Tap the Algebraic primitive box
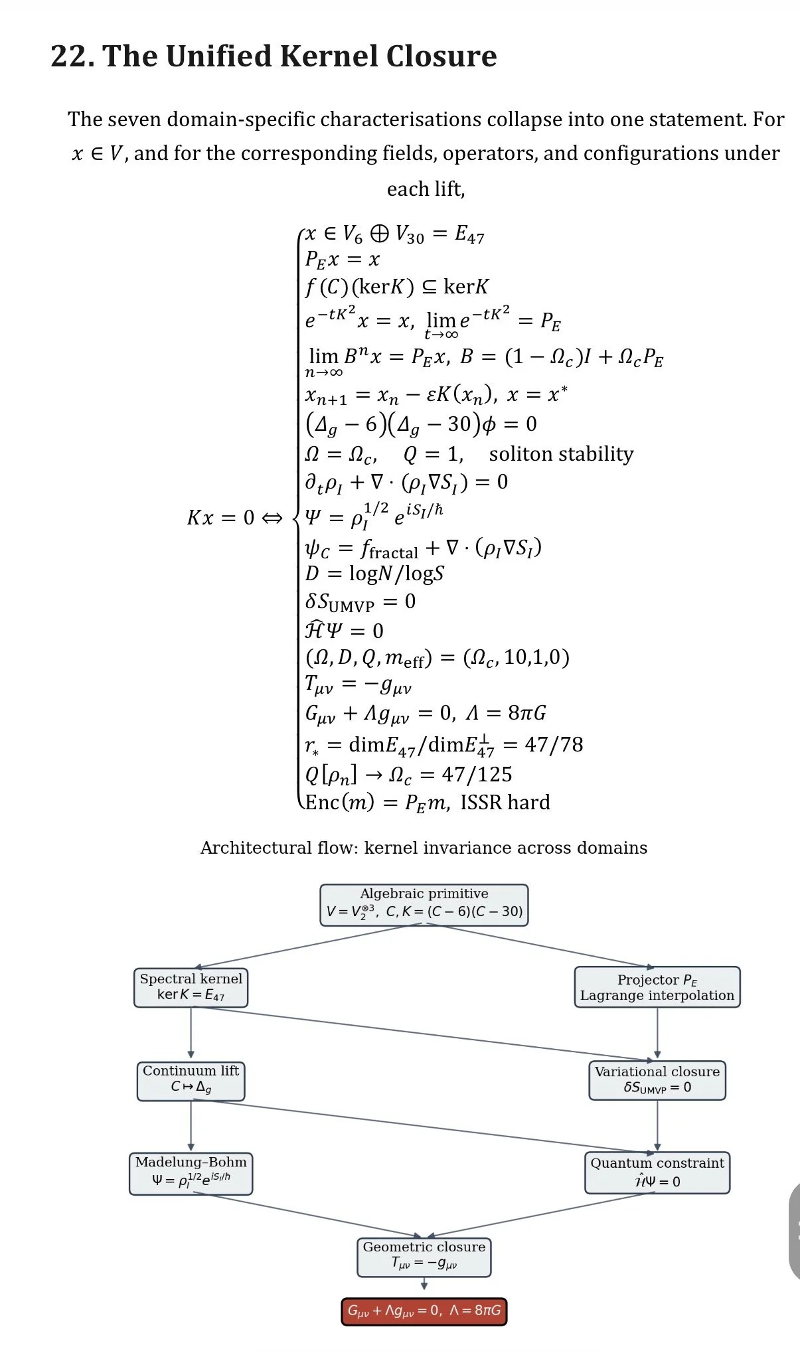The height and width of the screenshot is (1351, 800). pyautogui.click(x=424, y=904)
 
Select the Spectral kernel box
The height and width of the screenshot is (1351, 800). pyautogui.click(x=191, y=987)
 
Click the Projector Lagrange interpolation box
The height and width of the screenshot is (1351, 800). pyautogui.click(x=657, y=987)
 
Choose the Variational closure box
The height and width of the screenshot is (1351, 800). pyautogui.click(x=657, y=1079)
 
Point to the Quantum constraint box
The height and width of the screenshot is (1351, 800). pyautogui.click(x=657, y=1172)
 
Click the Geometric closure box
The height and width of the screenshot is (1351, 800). pyautogui.click(x=424, y=1256)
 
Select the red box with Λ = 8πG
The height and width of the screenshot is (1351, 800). pyautogui.click(x=424, y=1311)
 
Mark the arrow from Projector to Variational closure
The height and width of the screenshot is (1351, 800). pyautogui.click(x=657, y=1032)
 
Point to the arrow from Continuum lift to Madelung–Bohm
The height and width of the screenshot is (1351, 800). pyautogui.click(x=191, y=1125)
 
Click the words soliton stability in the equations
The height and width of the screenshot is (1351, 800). pyautogui.click(x=561, y=454)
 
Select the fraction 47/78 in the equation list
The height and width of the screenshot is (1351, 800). pyautogui.click(x=554, y=744)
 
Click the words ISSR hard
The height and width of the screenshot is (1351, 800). pyautogui.click(x=505, y=803)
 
